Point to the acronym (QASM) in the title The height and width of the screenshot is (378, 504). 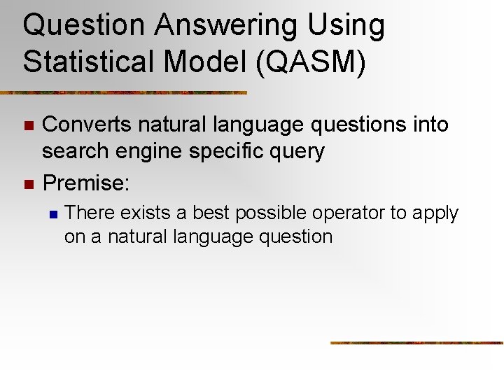coord(311,61)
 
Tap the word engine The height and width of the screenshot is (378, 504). coord(150,152)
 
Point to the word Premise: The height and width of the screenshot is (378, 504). coord(86,183)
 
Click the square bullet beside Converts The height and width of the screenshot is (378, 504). coord(28,126)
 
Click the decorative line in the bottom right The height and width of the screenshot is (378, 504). coord(416,343)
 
